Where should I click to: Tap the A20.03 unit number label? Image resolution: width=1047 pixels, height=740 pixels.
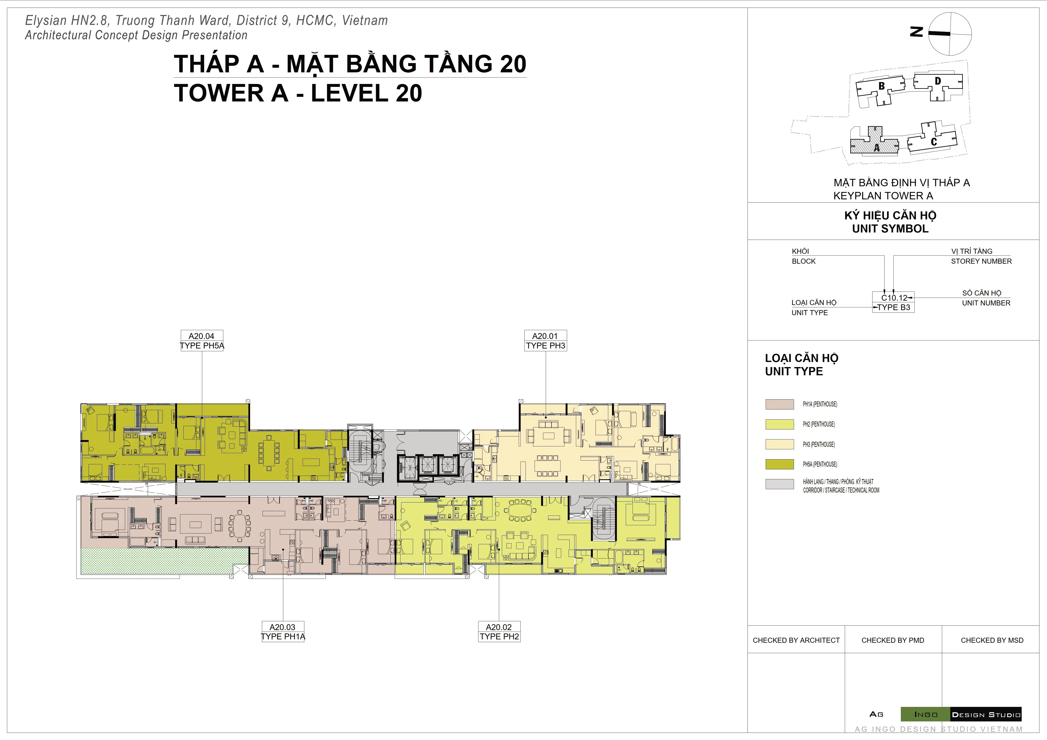pyautogui.click(x=282, y=627)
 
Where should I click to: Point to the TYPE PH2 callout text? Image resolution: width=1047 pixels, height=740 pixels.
pyautogui.click(x=499, y=637)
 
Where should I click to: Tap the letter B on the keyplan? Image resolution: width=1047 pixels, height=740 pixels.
pyautogui.click(x=882, y=86)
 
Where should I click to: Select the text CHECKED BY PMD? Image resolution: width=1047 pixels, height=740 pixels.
pyautogui.click(x=893, y=640)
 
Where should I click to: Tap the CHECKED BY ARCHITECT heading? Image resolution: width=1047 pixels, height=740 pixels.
pyautogui.click(x=796, y=640)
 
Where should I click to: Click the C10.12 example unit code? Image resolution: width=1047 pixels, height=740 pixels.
pyautogui.click(x=894, y=298)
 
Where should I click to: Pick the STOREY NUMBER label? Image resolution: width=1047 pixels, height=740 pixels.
pyautogui.click(x=981, y=261)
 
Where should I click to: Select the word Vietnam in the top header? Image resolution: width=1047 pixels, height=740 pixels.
pyautogui.click(x=365, y=20)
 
